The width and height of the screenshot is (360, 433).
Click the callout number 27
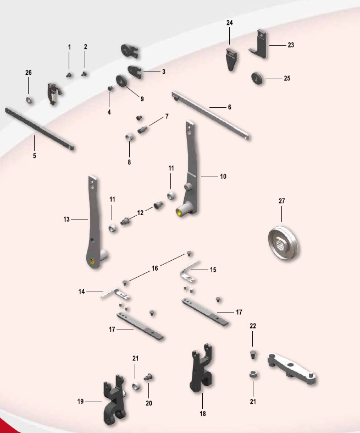281,201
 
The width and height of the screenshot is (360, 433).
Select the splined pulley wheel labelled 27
283,243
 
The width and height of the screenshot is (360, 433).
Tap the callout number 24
230,23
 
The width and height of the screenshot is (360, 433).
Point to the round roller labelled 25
257,78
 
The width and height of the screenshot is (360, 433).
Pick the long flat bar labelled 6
211,116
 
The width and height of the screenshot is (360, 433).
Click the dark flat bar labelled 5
39,129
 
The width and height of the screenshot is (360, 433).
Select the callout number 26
29,73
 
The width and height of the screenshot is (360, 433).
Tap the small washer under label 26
29,100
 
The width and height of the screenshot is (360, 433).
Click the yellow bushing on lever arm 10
180,212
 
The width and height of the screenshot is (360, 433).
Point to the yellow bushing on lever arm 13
92,261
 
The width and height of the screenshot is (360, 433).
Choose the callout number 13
67,220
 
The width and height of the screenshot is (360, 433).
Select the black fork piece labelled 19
114,399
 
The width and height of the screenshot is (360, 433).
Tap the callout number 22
253,326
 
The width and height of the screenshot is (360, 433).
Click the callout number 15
213,270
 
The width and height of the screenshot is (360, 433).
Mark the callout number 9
142,99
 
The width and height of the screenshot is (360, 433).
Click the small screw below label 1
69,75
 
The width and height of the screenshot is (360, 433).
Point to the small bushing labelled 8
130,136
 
